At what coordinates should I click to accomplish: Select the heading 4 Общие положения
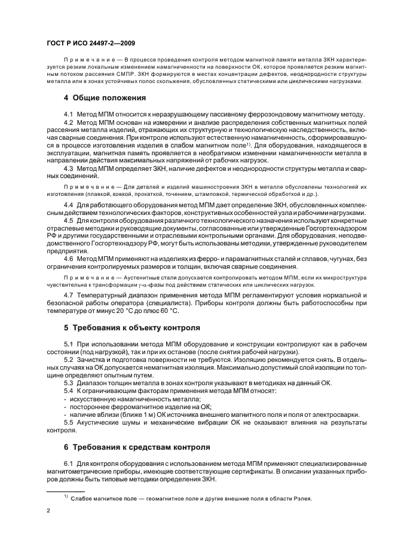point(105,97)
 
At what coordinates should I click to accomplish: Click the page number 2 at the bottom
point(48,511)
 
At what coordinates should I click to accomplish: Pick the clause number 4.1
point(69,113)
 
